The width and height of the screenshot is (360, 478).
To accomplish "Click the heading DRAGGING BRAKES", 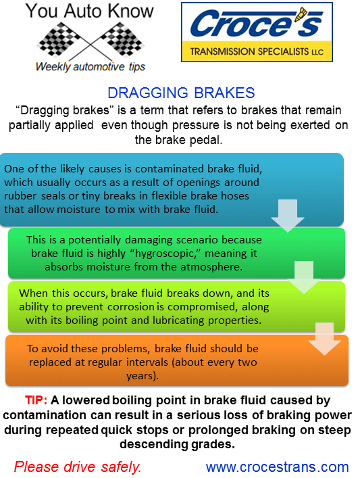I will click(x=180, y=94).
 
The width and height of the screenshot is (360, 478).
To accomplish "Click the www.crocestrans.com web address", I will click(x=277, y=467).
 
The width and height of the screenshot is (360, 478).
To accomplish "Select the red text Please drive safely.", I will click(x=78, y=467).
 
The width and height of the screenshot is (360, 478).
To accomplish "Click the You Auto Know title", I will click(x=90, y=11).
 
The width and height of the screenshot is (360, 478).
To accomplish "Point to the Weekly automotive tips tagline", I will click(x=90, y=66).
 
